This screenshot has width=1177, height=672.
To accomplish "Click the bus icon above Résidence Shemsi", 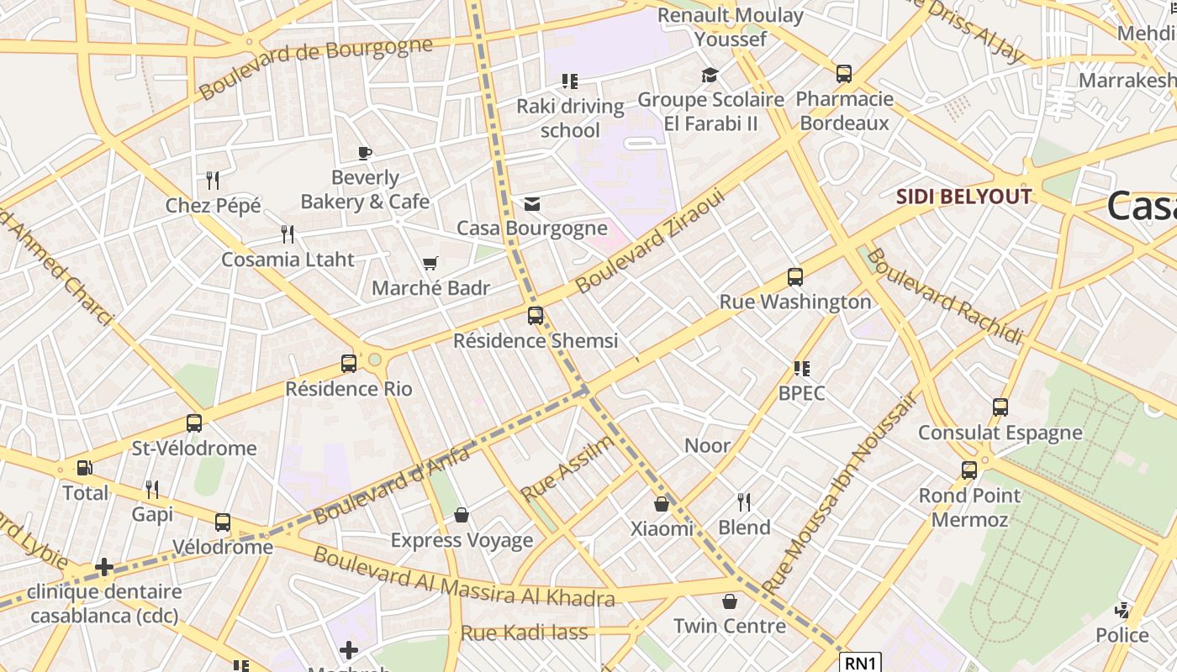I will click(536, 316).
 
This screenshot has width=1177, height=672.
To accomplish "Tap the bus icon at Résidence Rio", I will click(349, 364).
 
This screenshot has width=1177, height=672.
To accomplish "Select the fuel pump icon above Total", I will click(84, 468).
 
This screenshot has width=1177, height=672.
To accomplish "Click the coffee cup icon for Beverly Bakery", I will click(364, 153).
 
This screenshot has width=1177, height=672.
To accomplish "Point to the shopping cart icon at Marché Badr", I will click(430, 264).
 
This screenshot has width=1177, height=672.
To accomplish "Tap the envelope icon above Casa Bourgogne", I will click(531, 204).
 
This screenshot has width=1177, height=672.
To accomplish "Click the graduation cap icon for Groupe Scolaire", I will click(710, 76).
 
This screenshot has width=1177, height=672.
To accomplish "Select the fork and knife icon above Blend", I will click(743, 502).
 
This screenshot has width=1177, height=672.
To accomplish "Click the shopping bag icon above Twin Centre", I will click(729, 601).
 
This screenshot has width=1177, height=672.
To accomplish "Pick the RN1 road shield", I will click(860, 663).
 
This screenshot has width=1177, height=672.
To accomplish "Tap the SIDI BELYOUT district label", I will click(963, 197).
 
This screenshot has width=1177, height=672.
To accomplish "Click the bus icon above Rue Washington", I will click(794, 276).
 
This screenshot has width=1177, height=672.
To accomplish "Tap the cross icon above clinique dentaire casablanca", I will click(104, 568).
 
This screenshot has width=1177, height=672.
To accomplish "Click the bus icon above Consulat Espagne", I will click(1000, 407).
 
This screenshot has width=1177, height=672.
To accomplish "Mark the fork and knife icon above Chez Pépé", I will click(213, 180).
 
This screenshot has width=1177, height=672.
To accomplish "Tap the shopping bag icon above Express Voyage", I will click(461, 515).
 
